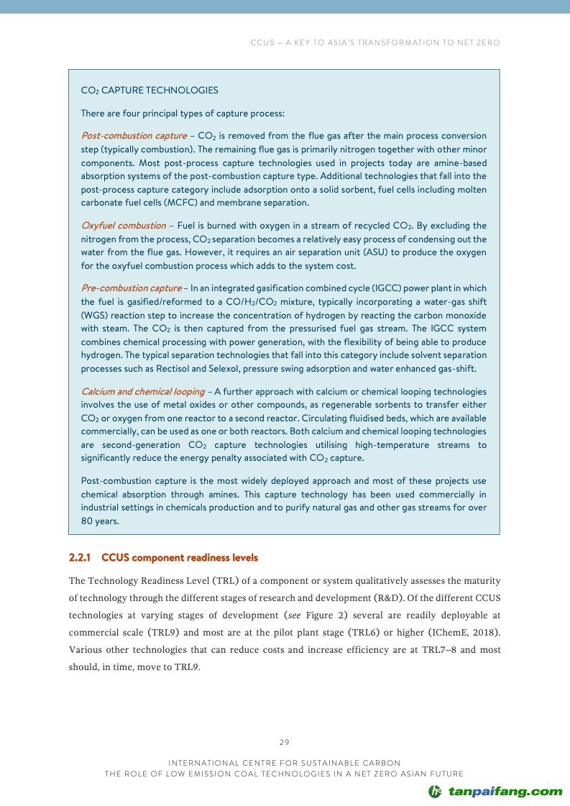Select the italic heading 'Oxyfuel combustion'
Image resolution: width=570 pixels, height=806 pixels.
[x=123, y=225]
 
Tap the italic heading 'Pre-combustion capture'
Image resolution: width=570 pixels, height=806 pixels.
[x=131, y=288]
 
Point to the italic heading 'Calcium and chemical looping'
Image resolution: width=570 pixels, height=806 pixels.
[x=142, y=392]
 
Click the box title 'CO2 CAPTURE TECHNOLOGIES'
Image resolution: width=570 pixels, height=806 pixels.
[x=150, y=91]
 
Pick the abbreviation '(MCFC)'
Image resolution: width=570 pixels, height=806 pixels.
[x=170, y=203]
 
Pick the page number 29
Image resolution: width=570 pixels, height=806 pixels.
[x=285, y=742]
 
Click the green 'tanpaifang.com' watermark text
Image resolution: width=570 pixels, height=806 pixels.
[x=505, y=792]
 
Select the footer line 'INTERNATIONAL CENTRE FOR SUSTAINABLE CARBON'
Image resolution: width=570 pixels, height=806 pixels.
[x=285, y=762]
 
